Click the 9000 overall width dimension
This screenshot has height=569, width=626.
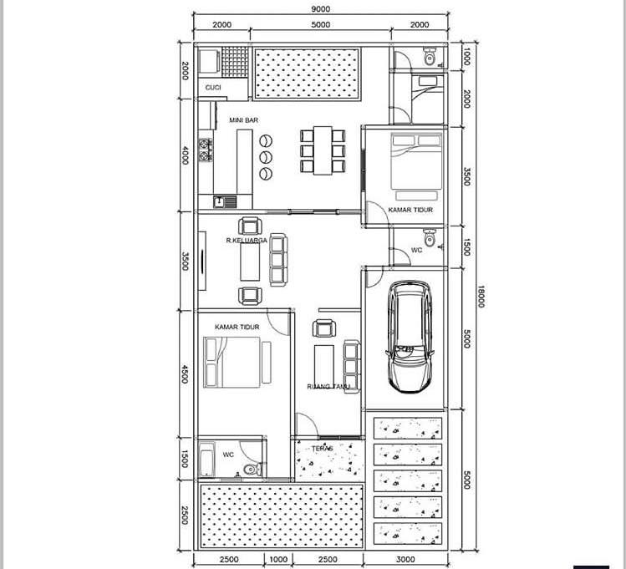coord(320,9)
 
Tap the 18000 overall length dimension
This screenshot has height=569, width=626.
coord(481,297)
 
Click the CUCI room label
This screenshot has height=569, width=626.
coord(213,88)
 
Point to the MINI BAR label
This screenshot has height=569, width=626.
coord(243,119)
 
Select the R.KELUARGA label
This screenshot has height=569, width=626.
coord(247,240)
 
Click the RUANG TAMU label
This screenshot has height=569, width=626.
coord(328,386)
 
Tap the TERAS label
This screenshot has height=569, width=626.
coord(322,449)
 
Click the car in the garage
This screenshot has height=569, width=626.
coord(410,337)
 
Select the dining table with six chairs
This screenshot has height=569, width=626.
coord(323,151)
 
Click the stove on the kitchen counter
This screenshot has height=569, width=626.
coord(206,150)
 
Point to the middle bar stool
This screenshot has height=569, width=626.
coord(266,157)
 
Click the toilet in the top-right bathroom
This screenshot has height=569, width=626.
coord(430,56)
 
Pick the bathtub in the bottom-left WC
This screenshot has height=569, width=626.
coord(206,459)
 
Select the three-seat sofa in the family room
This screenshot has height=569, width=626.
coord(278,260)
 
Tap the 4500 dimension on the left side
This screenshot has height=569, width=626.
coord(185,373)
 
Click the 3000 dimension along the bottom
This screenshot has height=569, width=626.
coord(405,560)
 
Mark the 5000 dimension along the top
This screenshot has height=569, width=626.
coord(321,25)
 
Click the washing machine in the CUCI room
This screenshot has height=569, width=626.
coord(209,63)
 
